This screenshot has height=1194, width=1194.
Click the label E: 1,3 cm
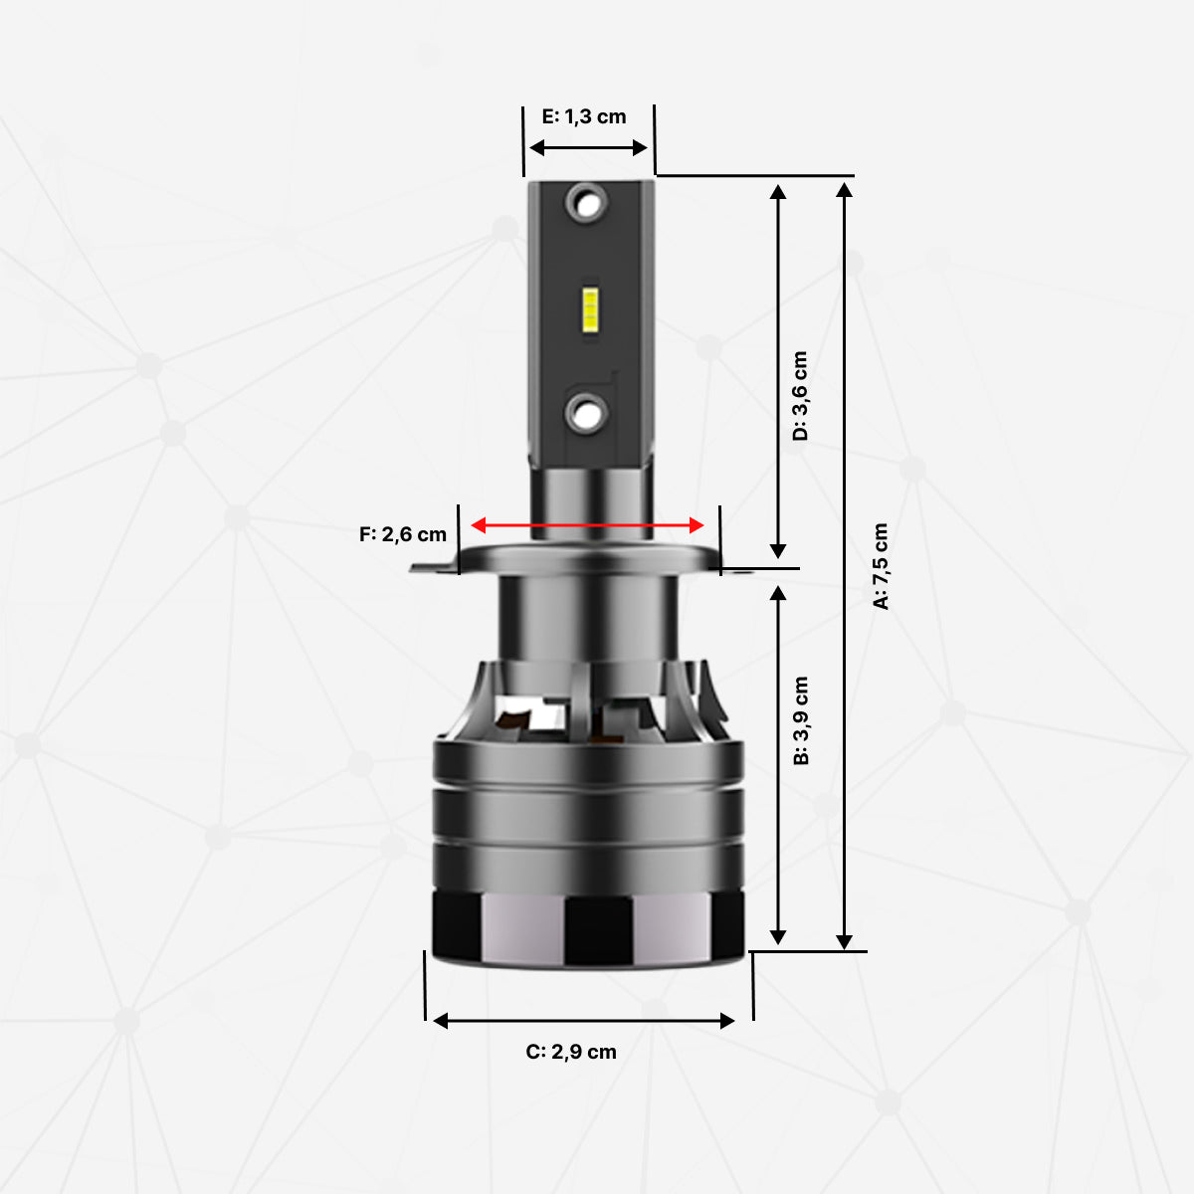point(584,116)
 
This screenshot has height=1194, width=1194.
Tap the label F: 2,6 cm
point(403,534)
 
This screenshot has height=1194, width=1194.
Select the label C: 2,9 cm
point(571,1052)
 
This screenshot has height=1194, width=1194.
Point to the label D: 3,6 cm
point(800,395)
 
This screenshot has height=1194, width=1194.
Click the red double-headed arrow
point(587,524)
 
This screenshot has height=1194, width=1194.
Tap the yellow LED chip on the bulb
point(589,309)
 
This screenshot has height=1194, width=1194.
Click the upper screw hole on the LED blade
point(585,204)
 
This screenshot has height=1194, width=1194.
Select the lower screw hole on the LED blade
point(585,411)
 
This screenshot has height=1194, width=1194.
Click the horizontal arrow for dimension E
point(588,148)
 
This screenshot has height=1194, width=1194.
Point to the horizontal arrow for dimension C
point(584,1020)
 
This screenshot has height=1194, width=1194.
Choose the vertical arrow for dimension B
point(778,764)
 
